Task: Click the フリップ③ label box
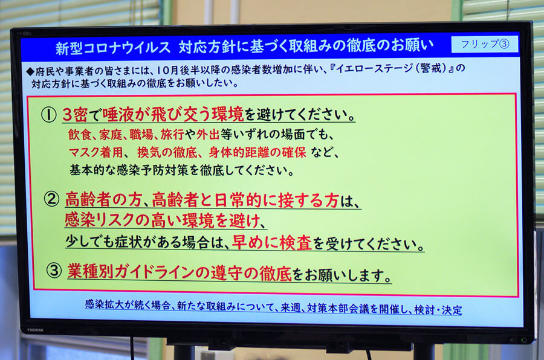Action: pos(484,44)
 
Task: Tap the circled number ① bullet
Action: pos(48,114)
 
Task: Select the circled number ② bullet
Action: pos(51,199)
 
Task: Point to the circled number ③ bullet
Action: pos(54,270)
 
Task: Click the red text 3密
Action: pos(74,114)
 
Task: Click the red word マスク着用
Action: pos(96,152)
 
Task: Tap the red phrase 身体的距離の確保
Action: pos(257,152)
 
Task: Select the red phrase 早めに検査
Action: pos(271,242)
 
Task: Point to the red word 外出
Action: pos(207,135)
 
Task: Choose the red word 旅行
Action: pos(172,135)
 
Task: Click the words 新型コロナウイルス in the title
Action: pos(113,48)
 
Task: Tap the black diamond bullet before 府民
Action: pos(30,71)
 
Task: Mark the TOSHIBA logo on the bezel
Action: pos(35,330)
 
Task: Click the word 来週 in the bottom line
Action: pos(290,307)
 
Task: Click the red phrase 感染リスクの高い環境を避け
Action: pos(162,220)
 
